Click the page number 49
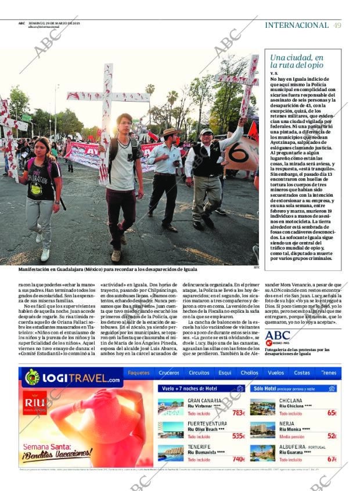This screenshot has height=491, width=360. (337, 25)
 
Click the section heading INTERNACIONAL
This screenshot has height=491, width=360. (296, 25)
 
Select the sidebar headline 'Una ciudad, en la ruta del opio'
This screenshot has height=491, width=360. (297, 62)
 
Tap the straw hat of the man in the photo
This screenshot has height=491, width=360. (170, 132)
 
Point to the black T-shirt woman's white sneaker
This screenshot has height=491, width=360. (45, 254)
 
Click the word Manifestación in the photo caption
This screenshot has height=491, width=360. (36, 269)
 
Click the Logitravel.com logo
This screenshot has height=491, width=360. (73, 379)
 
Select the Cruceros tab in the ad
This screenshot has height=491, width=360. (169, 373)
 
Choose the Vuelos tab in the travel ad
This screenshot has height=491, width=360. (276, 373)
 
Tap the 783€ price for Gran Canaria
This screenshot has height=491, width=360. (238, 413)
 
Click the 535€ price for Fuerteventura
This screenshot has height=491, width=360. (238, 436)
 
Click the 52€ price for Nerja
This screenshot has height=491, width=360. (332, 436)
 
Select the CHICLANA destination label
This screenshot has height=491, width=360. (291, 400)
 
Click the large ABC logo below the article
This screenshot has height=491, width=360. (278, 335)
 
